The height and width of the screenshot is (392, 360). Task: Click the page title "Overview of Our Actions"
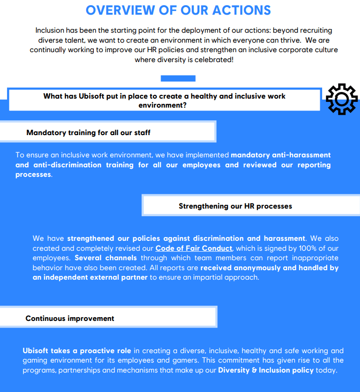pyautogui.click(x=179, y=10)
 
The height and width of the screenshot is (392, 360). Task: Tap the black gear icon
pyautogui.click(x=342, y=99)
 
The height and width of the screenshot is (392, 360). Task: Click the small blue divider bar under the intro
pyautogui.click(x=178, y=78)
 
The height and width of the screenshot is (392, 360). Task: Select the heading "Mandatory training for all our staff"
pyautogui.click(x=88, y=133)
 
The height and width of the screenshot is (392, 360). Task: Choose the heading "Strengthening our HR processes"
pyautogui.click(x=235, y=206)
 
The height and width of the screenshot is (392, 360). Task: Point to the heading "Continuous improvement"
pyautogui.click(x=70, y=319)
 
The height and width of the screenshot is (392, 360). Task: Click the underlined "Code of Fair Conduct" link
pyautogui.click(x=194, y=248)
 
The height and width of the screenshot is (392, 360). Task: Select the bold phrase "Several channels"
pyautogui.click(x=106, y=258)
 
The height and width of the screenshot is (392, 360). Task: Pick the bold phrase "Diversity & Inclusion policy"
pyautogui.click(x=266, y=370)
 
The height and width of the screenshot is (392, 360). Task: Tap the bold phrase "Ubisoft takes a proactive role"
pyautogui.click(x=77, y=351)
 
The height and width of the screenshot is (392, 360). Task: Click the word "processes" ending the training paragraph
pyautogui.click(x=33, y=174)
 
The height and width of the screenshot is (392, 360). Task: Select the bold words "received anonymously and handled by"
pyautogui.click(x=270, y=268)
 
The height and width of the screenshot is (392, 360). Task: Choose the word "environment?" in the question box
pyautogui.click(x=162, y=105)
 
